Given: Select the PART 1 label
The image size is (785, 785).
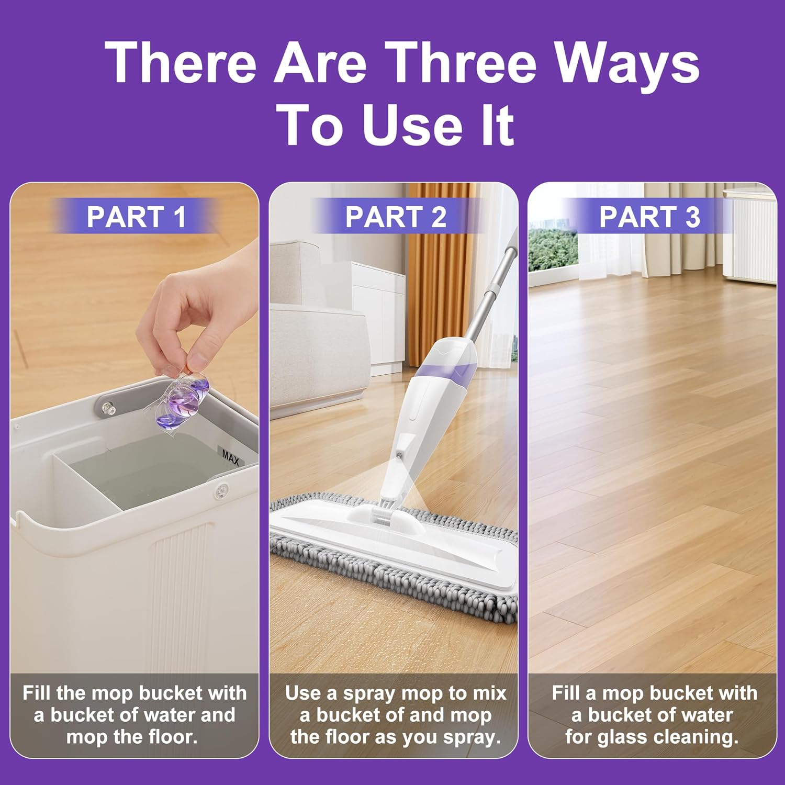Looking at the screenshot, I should pyautogui.click(x=136, y=217).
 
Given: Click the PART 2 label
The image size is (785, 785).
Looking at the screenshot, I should pyautogui.click(x=396, y=217).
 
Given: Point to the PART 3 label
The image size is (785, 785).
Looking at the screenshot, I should pyautogui.click(x=649, y=217).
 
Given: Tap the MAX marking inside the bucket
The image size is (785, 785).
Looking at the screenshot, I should pyautogui.click(x=230, y=457).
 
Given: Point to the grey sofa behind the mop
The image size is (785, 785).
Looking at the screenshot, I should pyautogui.click(x=314, y=335).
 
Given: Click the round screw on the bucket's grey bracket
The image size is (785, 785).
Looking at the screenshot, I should pyautogui.click(x=109, y=407).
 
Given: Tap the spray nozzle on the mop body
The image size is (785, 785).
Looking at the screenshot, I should pyautogui.click(x=400, y=456).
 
